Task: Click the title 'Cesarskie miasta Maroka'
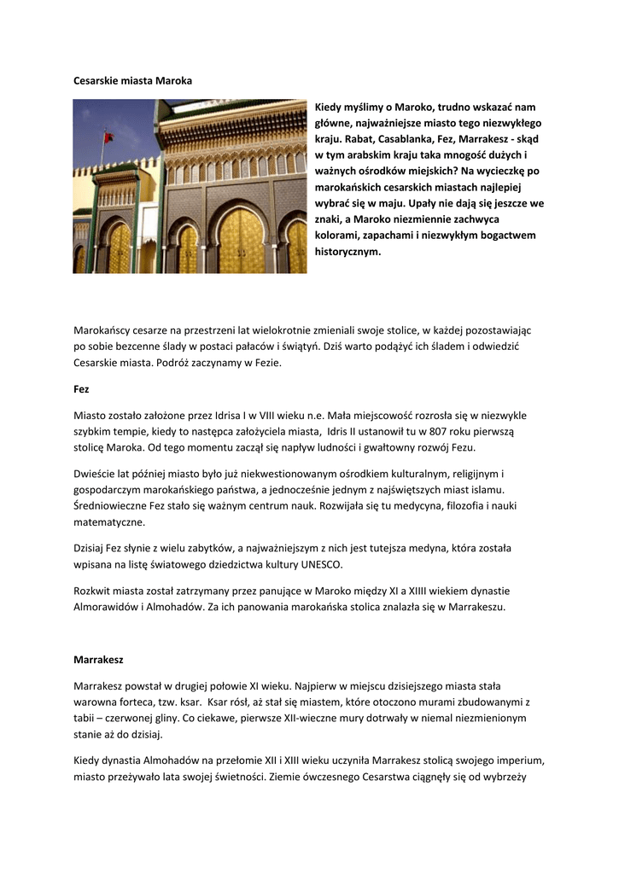pyautogui.click(x=132, y=80)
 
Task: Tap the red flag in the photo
pyautogui.click(x=108, y=137)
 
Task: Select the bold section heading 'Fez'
pyautogui.click(x=81, y=388)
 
